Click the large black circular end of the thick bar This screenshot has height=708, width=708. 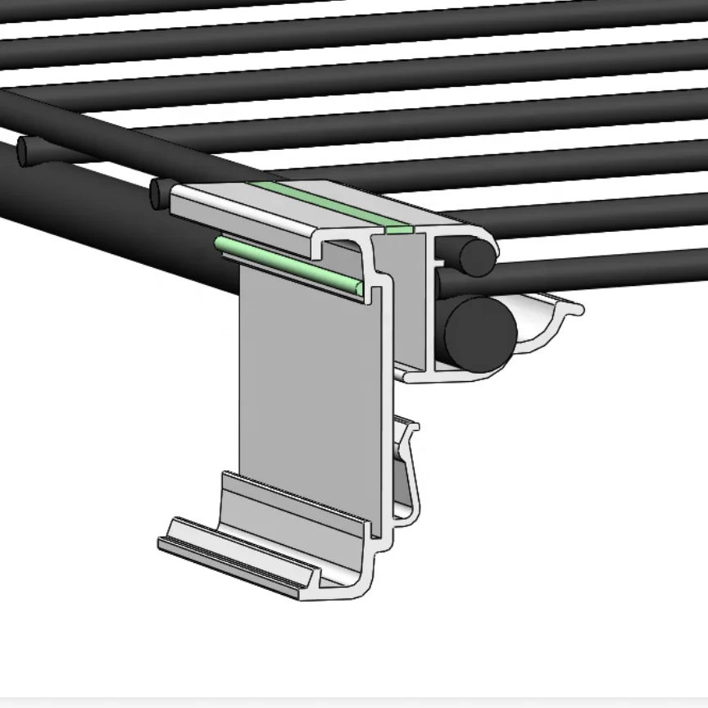479,332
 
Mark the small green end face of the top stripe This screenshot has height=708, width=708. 399,229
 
